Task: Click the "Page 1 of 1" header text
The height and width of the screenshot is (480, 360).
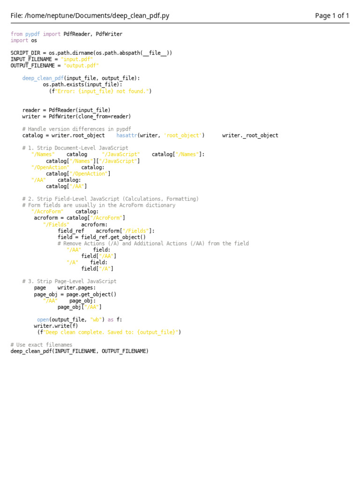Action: (x=332, y=16)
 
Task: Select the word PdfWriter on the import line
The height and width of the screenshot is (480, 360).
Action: (x=109, y=34)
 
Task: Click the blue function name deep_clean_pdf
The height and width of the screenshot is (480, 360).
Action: (x=43, y=78)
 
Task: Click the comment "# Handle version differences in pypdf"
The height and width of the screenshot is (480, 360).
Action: (x=76, y=129)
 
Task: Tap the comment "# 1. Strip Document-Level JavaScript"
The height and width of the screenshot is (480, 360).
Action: (x=75, y=148)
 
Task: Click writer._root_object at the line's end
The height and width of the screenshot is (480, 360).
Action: (x=250, y=135)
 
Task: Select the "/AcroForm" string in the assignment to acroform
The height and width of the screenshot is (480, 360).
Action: (x=106, y=218)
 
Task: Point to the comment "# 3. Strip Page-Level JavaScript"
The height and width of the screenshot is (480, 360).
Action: (x=69, y=281)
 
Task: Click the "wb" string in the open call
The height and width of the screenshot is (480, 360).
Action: (x=96, y=320)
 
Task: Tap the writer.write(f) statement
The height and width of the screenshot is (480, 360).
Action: (x=56, y=326)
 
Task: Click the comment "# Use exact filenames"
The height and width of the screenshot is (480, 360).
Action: (x=41, y=345)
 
